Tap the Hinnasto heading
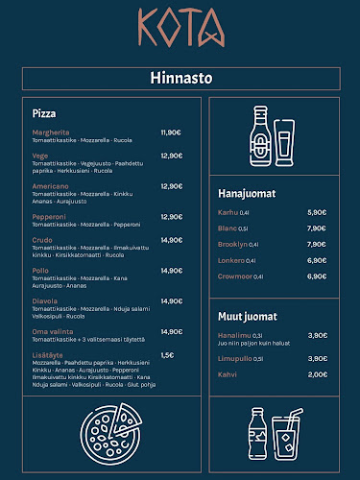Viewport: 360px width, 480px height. point(180,77)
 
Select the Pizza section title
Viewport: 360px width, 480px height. point(43,112)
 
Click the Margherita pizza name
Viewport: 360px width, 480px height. point(50,132)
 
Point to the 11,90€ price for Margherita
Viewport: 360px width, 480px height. point(171,132)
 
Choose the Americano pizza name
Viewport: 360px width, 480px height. point(50,186)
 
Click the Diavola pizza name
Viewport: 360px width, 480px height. point(45,300)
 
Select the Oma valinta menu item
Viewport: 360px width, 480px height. point(53,332)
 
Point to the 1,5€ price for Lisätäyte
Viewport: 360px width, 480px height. point(167,354)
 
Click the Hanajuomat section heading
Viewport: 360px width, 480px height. point(247,193)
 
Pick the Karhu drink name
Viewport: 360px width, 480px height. point(228,212)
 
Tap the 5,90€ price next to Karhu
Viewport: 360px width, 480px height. point(317,212)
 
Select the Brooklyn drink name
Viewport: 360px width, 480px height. point(233,244)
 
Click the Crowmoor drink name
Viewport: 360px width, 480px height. point(235,276)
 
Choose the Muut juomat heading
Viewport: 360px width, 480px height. point(248,316)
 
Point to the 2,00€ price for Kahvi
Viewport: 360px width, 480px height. point(318,374)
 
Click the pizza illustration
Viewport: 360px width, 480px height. point(108,433)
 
